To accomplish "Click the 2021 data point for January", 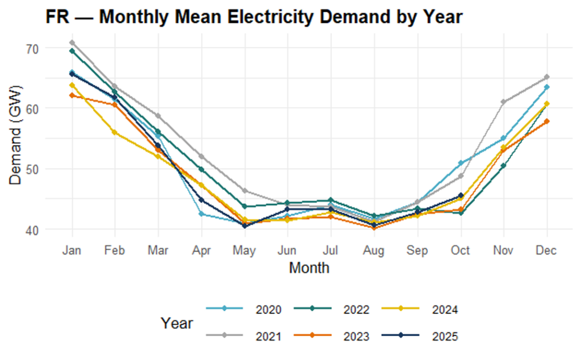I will coord(72,43).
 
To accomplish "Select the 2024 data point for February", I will coord(115,132).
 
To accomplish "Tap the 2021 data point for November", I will coord(503,102).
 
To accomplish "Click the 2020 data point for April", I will coord(201,214).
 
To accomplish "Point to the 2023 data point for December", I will coord(546,121).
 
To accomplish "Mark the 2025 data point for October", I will coord(460,195).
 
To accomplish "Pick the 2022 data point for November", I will coord(503,166).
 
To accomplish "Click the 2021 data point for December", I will coord(546,77).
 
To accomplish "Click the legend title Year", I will coord(176,323).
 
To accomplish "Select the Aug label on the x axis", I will coord(374,250).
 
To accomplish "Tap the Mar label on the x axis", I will coord(158,250).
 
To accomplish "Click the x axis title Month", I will coord(309,267).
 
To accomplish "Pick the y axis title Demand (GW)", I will coord(16,139).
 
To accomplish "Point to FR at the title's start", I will coord(57,17).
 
